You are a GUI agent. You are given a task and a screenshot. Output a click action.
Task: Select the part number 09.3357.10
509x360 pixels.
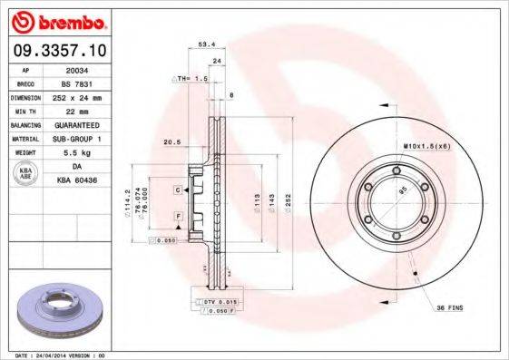pyautogui.click(x=57, y=51)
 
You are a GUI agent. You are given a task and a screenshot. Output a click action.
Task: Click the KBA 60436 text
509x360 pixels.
pyautogui.click(x=78, y=180)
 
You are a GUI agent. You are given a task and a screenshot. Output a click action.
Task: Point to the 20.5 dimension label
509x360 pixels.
pyautogui.click(x=170, y=141)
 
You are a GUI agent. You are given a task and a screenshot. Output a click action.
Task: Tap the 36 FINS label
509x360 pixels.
pyautogui.click(x=448, y=308)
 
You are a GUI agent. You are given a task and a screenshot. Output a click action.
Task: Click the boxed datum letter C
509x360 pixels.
pyautogui.click(x=178, y=190)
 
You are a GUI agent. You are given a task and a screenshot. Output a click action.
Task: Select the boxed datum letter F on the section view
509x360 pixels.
pyautogui.click(x=178, y=216)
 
